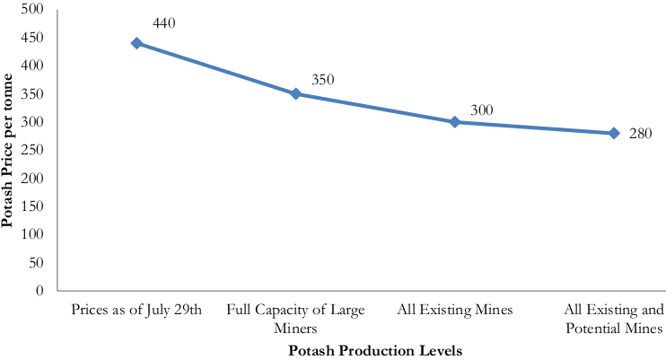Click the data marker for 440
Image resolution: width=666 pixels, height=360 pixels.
(136, 43)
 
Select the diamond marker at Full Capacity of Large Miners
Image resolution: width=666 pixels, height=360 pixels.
(295, 93)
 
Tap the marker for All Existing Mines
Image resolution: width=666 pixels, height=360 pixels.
(454, 121)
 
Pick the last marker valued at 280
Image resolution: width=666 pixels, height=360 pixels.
(614, 133)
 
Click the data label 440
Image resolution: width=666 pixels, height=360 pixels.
(165, 22)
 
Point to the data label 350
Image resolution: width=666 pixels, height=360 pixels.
(322, 80)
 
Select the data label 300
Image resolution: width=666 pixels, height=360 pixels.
(482, 110)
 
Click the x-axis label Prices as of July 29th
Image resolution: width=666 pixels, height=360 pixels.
(136, 311)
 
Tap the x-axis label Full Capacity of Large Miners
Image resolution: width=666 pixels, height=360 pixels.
(295, 320)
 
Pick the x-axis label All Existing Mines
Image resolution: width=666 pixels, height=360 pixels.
(455, 311)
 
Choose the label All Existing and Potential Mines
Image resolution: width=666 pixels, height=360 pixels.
(614, 320)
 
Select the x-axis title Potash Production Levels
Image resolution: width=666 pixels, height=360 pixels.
(375, 350)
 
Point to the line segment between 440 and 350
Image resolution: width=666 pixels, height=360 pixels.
(215, 68)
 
